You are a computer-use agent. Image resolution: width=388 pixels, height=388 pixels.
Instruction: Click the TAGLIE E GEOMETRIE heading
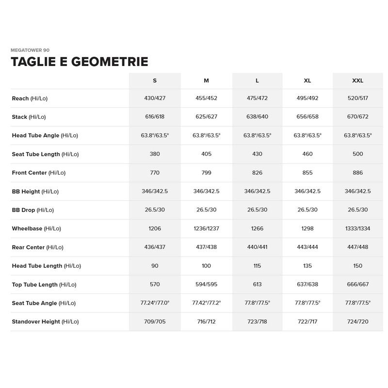point(79,62)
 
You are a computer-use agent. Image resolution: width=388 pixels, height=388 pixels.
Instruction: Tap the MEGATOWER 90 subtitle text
point(30,50)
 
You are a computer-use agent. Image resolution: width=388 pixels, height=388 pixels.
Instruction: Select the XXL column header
point(357,81)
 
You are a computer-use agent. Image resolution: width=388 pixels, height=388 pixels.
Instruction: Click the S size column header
point(155,81)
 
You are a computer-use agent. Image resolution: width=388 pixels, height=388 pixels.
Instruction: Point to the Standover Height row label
point(45,322)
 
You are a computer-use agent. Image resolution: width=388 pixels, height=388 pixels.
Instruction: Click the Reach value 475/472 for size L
point(258,98)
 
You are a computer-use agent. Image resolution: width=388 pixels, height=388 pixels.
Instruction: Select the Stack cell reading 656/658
point(307,117)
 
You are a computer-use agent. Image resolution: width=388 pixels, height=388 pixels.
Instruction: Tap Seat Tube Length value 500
point(357,154)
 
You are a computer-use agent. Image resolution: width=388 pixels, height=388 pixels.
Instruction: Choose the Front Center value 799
point(206,173)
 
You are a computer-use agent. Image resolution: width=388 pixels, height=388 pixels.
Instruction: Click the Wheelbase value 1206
point(155,228)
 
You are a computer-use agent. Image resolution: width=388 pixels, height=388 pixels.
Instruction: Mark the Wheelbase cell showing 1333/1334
point(357,228)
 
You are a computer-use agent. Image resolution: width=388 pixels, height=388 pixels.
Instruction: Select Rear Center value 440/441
point(258,247)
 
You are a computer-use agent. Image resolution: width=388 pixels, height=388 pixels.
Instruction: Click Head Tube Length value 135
point(307,266)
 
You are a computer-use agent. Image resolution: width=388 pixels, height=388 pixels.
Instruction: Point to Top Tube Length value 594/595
point(206,284)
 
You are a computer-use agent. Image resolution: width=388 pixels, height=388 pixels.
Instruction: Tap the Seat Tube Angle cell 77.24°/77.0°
point(155,303)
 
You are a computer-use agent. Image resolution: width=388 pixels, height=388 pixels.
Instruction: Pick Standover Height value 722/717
point(307,322)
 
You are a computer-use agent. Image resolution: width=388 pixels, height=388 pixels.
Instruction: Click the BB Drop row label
point(33,210)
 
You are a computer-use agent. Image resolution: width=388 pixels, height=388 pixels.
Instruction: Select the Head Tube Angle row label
point(45,136)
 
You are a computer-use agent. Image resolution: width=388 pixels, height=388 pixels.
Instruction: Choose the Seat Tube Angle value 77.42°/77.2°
point(206,303)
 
